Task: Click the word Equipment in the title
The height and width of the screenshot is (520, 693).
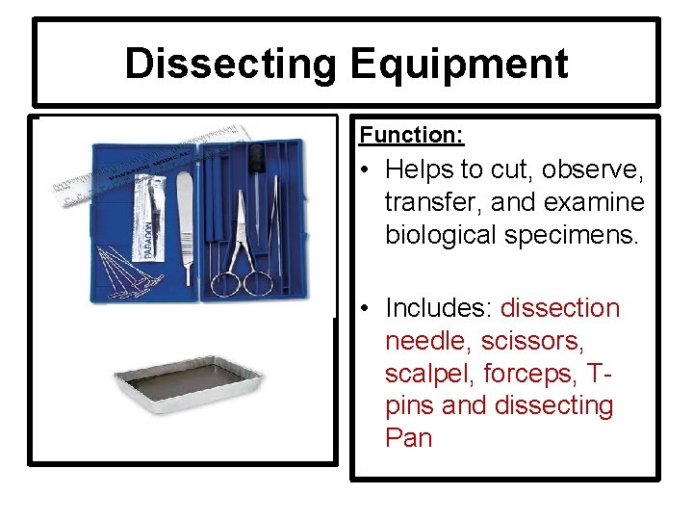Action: [458, 64]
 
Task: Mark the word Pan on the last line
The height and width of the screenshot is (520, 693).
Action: [408, 438]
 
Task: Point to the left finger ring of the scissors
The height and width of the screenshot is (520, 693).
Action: [225, 283]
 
